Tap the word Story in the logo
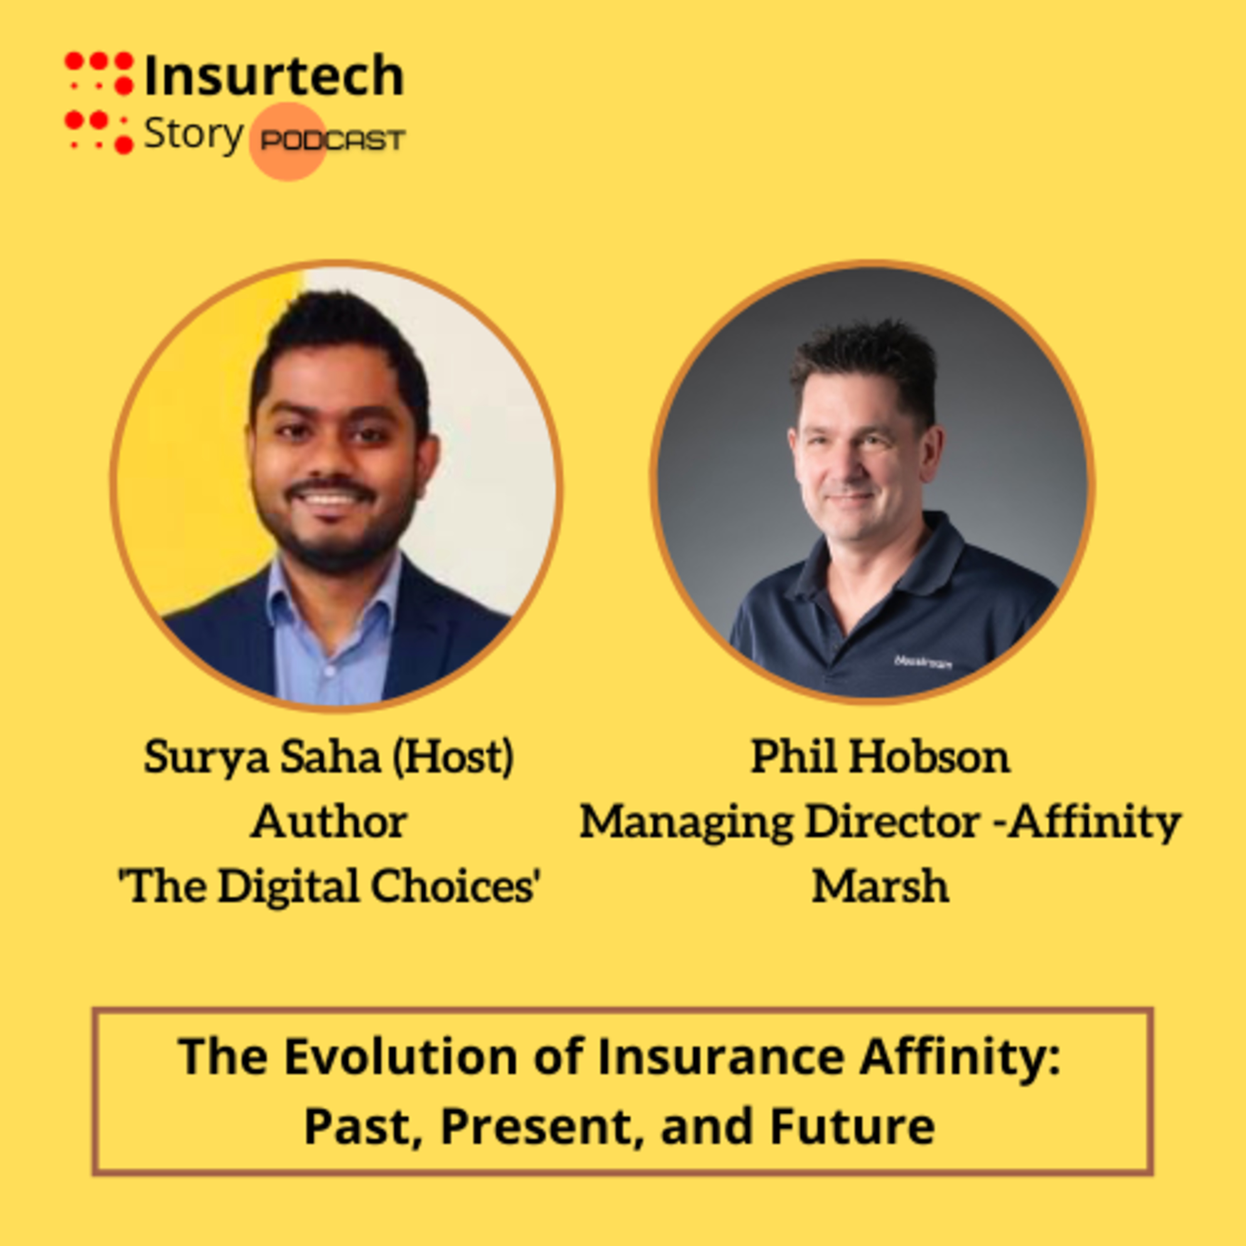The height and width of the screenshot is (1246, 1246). (193, 135)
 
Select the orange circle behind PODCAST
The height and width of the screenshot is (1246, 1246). (288, 141)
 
